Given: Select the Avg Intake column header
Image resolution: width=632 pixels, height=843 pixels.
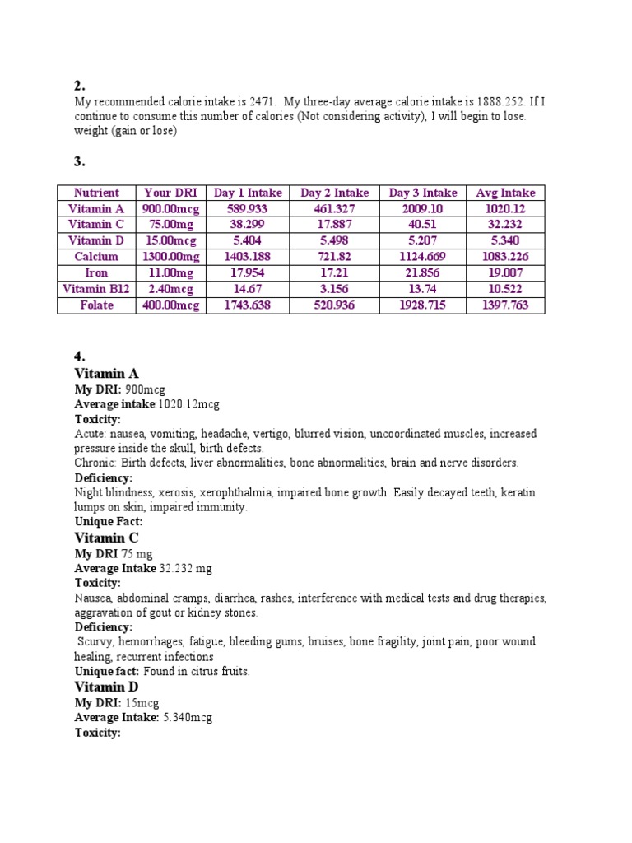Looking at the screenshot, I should point(505,193).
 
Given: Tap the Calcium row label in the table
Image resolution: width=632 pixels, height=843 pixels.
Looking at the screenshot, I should point(95,257).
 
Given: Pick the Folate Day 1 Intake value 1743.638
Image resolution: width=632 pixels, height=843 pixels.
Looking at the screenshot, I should point(248,305).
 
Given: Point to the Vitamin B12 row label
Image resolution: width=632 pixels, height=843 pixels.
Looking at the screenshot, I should point(95,289).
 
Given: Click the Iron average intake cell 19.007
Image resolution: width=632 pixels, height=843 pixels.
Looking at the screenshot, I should point(505,272).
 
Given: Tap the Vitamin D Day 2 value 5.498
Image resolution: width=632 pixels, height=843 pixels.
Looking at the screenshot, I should point(334,240).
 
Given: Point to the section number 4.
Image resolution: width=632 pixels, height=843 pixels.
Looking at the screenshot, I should point(80,356).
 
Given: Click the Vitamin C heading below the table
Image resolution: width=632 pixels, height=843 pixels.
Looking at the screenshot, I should point(106,538).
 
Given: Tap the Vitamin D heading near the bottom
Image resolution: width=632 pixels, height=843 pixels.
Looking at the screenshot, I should point(106,687).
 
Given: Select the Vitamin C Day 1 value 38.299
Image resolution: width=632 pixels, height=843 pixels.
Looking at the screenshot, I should point(248,225).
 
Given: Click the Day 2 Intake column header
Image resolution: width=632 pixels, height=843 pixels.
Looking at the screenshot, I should point(334,193).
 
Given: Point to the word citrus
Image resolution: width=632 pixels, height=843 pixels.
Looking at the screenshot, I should point(199,672).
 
